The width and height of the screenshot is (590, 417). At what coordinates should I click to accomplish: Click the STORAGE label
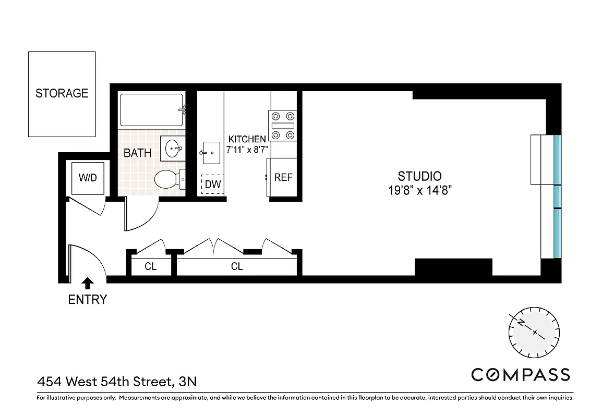point(62,93)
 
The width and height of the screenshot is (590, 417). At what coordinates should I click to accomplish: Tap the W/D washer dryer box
point(88,178)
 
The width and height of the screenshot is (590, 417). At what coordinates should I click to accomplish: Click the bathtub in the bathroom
point(151,109)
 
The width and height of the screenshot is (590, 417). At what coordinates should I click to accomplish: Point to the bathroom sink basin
point(172,149)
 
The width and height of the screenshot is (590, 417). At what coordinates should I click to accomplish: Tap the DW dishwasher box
point(213,184)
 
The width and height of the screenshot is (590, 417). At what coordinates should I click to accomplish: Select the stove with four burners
point(282,126)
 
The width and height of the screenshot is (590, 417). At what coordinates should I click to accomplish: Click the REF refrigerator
point(283,177)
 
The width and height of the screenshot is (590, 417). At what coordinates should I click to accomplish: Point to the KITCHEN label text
point(247,139)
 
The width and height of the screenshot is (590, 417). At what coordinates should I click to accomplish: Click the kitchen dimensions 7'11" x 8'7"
point(247,149)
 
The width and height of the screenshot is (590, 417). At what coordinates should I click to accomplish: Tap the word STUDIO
point(419,176)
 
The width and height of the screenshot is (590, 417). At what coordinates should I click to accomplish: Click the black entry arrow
point(88,283)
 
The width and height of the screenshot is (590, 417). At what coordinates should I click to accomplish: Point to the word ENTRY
point(88,300)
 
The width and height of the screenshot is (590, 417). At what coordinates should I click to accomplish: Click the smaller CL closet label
point(150,267)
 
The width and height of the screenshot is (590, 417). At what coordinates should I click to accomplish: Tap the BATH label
point(138,153)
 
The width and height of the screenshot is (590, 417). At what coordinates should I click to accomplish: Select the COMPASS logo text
point(520,374)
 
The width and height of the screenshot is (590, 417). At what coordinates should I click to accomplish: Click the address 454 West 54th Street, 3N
point(117,382)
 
